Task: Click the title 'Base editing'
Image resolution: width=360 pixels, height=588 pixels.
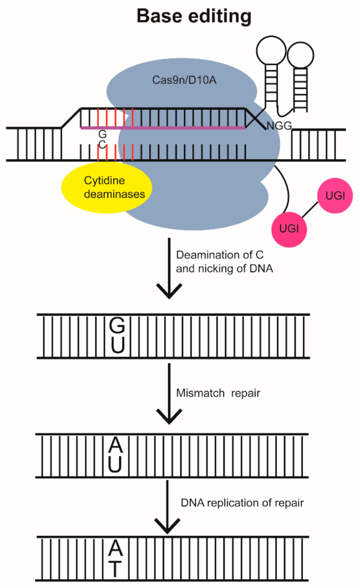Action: pos(194,16)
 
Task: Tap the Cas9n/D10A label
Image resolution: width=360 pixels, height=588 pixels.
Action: pos(184,80)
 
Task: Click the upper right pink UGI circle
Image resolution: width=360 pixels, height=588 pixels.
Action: pos(335,195)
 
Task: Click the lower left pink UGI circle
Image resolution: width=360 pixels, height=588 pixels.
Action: pos(289,229)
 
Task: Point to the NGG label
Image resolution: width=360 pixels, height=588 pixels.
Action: pos(279,126)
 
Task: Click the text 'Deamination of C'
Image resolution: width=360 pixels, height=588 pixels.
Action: pos(220,255)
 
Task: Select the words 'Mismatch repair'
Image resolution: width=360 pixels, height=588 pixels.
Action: pos(218,393)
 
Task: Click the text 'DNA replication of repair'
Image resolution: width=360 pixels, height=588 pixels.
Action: pos(242,503)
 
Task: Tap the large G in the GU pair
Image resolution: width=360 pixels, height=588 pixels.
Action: pos(117,325)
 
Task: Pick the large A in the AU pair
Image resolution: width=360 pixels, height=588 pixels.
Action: pos(116,445)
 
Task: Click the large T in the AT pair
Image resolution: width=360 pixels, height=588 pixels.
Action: pos(115,569)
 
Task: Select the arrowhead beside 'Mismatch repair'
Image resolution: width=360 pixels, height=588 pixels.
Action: pos(169,417)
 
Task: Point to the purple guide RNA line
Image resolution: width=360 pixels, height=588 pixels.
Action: pos(164,127)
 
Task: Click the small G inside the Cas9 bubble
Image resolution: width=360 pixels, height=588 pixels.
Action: pos(102,134)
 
